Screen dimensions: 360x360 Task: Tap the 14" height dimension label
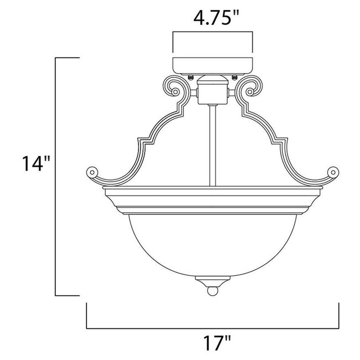click(33, 164)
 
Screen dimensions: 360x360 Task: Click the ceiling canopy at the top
click(213, 64)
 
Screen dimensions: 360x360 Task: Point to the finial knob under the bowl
click(213, 289)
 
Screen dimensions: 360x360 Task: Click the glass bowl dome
click(213, 244)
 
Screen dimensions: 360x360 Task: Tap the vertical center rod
click(213, 144)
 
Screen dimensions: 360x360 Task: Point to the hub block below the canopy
click(213, 91)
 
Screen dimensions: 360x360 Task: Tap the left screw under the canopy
click(191, 76)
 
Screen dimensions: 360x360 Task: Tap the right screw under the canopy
click(235, 76)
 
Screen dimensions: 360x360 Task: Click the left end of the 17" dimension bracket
click(88, 316)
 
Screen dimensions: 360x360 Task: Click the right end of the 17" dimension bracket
click(339, 316)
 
